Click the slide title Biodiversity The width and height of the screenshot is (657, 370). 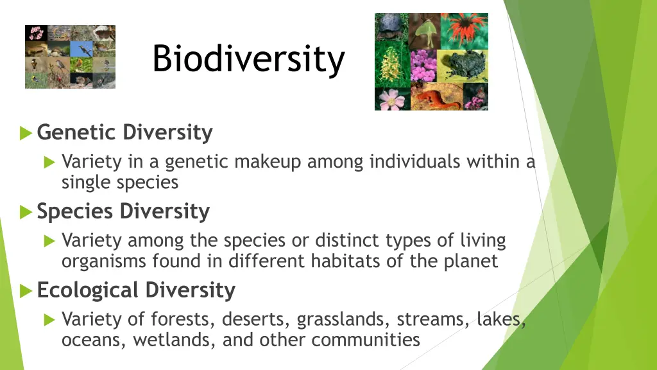pos(248,59)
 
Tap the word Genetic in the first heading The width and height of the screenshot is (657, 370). pos(77,133)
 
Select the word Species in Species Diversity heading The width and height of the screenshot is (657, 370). pos(76,211)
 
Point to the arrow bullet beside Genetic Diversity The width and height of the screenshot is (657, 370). pos(26,134)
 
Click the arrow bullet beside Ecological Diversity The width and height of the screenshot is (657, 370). pos(26,291)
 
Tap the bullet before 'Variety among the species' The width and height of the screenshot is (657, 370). pos(50,242)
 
